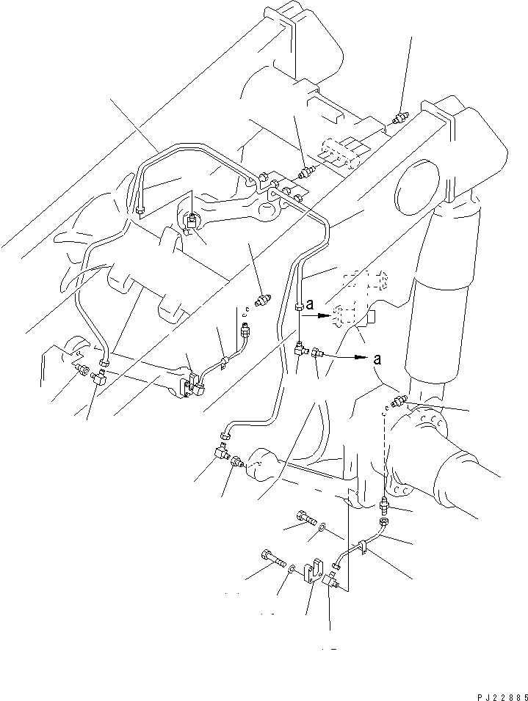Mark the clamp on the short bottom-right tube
point(362,546)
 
